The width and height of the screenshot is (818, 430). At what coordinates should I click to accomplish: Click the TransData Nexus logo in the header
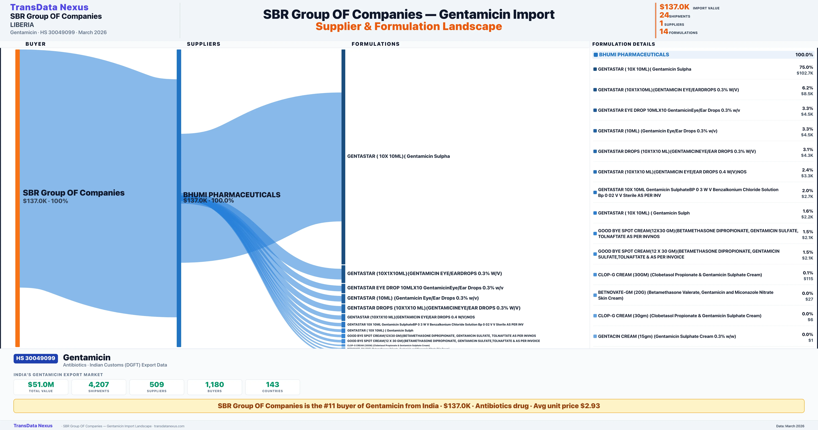click(49, 7)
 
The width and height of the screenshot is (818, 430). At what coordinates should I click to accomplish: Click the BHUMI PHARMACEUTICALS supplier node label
click(231, 195)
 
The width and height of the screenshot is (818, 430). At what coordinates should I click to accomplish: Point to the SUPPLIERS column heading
click(203, 44)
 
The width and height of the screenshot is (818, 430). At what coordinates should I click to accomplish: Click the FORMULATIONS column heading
click(375, 44)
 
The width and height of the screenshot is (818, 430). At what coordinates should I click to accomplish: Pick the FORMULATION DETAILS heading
click(623, 44)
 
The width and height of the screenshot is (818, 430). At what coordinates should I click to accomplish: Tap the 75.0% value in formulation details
click(806, 67)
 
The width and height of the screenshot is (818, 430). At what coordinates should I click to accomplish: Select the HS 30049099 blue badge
click(36, 358)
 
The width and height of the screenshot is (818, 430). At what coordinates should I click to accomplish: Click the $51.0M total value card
click(41, 387)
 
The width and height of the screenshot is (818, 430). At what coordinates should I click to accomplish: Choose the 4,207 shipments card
click(99, 387)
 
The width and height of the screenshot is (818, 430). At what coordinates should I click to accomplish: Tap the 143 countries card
click(272, 387)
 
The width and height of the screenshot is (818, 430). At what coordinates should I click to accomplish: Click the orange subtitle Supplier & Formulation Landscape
click(409, 26)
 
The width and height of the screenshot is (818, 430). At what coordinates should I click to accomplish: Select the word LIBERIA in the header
click(22, 25)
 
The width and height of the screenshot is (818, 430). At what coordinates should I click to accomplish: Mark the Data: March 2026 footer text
click(790, 426)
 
